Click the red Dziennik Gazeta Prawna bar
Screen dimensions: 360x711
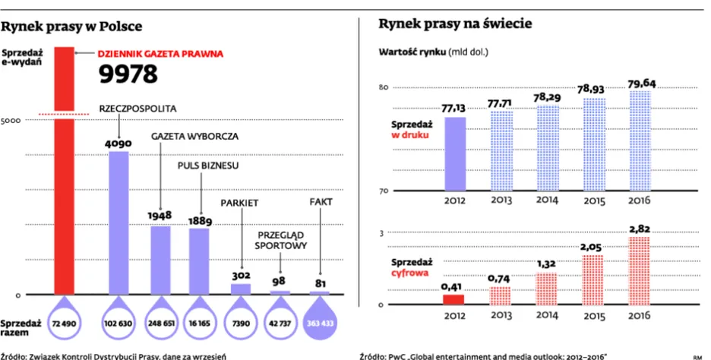(x=63, y=171)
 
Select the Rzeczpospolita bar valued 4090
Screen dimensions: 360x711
(x=119, y=222)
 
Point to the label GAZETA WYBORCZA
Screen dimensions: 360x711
(x=195, y=137)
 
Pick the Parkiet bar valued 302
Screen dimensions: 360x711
(x=240, y=289)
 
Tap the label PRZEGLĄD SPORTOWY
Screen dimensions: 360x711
(x=280, y=241)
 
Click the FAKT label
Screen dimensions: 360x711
(x=321, y=202)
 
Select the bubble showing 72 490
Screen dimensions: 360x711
(x=64, y=324)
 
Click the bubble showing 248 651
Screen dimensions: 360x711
(x=159, y=324)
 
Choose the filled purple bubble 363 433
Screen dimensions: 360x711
(x=319, y=324)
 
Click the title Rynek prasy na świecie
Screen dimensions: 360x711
(x=455, y=24)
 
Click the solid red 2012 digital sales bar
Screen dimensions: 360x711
(x=454, y=298)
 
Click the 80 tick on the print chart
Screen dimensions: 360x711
(x=384, y=89)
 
